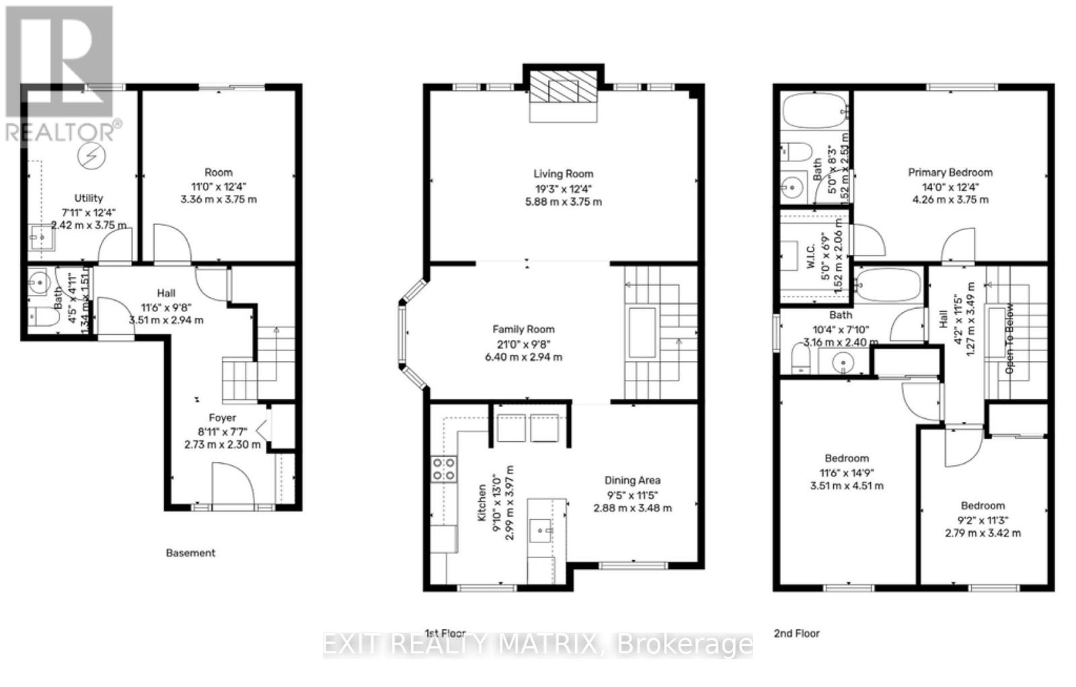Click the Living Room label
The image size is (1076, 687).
[x=564, y=173]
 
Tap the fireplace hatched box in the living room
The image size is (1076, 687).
[x=563, y=87]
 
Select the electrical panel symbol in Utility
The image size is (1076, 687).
[x=88, y=156]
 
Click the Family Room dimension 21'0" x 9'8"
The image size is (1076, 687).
[x=523, y=343]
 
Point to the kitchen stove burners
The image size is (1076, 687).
[x=443, y=469]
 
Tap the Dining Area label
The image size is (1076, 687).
[x=632, y=480]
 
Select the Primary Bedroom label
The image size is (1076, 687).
[x=950, y=172]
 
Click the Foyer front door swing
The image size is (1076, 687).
[x=233, y=483]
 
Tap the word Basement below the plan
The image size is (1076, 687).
[x=190, y=553]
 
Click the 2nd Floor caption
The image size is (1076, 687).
[x=796, y=633]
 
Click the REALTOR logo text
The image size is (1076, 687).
[x=64, y=130]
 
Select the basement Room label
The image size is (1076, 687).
[x=219, y=172]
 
